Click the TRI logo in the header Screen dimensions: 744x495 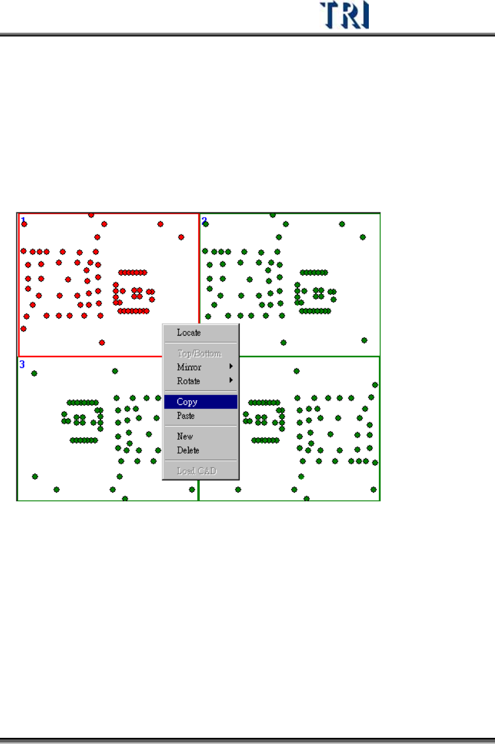[344, 15]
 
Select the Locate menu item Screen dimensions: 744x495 [189, 332]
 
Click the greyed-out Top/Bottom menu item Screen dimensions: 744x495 [200, 354]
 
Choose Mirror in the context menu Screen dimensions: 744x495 [189, 367]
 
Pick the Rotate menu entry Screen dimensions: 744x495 [189, 381]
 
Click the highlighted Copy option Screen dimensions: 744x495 [187, 402]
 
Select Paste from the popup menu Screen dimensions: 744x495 [186, 416]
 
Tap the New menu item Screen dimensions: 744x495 [185, 436]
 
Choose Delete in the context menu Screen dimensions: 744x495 [188, 450]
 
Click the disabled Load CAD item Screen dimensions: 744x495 [196, 471]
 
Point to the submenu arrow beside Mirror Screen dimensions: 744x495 [231, 366]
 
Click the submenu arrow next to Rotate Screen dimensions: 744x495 [231, 380]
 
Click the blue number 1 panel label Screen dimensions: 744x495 [23, 220]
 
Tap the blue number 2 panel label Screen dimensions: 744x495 [204, 220]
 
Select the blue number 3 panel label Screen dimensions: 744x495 [22, 364]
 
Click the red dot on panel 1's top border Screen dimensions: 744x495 [91, 215]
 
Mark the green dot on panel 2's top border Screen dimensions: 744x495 [273, 215]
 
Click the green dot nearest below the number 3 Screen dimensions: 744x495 [34, 374]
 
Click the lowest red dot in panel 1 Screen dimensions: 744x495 [102, 342]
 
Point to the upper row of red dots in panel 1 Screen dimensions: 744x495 [133, 272]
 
